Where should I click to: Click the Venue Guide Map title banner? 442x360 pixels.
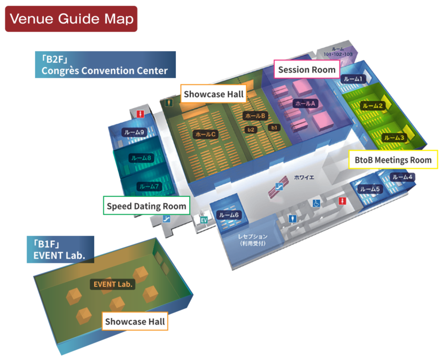(x=71, y=19)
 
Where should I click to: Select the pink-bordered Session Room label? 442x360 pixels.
(x=306, y=70)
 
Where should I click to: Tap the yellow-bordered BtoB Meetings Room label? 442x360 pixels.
(x=393, y=160)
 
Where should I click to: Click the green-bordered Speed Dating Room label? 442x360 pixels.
(x=146, y=206)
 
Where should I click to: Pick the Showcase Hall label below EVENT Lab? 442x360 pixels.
(x=135, y=322)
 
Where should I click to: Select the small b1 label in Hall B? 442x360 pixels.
(x=274, y=127)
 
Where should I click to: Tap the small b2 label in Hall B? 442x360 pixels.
(x=251, y=129)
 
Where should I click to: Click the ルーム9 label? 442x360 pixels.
(x=134, y=132)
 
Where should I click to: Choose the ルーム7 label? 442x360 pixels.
(x=149, y=186)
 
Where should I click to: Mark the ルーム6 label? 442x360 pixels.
(x=229, y=215)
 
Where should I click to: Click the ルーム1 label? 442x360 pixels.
(x=353, y=79)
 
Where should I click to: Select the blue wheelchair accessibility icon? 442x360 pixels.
(x=315, y=203)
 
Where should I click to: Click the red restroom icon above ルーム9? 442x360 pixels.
(x=141, y=114)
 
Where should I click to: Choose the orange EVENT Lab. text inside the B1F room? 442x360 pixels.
(x=114, y=284)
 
